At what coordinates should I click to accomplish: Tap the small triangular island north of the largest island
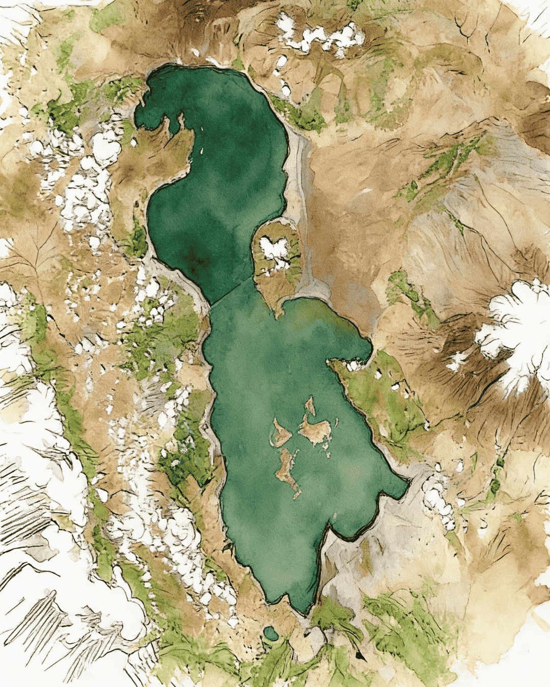tap(309, 405)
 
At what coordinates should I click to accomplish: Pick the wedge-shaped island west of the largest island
tap(280, 433)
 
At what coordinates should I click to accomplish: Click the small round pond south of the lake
tap(271, 634)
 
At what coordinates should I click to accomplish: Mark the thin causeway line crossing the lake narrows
tap(232, 292)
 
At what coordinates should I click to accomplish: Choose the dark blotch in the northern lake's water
tap(197, 257)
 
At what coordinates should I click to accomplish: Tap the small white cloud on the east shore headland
tap(353, 365)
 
